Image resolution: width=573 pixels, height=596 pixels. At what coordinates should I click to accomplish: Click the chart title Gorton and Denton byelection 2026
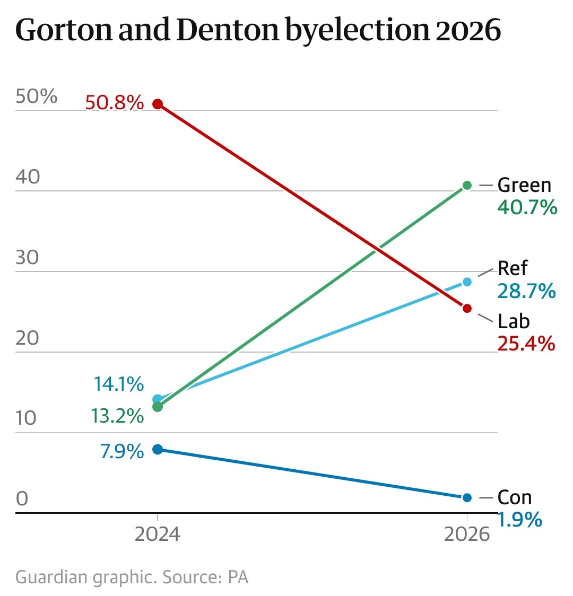coord(258,31)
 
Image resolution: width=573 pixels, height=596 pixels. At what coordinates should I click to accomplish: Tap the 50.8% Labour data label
coord(114,102)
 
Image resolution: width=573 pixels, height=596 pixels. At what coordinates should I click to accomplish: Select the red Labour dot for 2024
coord(157,104)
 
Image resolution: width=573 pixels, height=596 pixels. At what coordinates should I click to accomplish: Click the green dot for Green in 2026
coord(467,185)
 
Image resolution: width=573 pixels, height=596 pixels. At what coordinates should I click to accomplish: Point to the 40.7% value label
coord(527,207)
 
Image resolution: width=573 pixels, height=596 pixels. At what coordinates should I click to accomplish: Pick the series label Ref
coord(513,268)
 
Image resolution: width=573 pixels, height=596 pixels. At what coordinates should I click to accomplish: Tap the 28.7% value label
coord(526,291)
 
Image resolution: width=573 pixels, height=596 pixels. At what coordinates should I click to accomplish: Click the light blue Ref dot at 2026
coord(467,282)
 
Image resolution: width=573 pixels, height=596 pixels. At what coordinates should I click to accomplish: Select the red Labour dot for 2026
coord(467,308)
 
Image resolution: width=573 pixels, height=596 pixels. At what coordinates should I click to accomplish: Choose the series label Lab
coord(514,321)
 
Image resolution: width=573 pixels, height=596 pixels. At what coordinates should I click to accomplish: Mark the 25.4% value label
coord(526,344)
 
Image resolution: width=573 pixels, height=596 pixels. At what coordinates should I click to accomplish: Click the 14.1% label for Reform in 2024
coord(118,384)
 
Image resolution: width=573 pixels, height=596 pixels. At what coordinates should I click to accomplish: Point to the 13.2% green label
coord(117,416)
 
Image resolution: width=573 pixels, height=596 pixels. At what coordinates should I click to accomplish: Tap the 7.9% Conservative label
coord(121,452)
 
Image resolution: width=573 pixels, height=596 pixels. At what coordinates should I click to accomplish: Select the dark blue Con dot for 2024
coord(157,449)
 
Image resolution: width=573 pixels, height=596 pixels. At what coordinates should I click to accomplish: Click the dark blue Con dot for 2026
coord(467,497)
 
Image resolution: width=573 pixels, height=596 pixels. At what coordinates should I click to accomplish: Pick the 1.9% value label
coord(519,520)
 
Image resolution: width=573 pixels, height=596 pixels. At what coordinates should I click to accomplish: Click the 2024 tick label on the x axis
coord(157,534)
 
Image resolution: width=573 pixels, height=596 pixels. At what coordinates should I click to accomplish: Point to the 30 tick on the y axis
coord(27,258)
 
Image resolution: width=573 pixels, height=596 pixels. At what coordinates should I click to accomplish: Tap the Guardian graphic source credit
coord(132,577)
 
